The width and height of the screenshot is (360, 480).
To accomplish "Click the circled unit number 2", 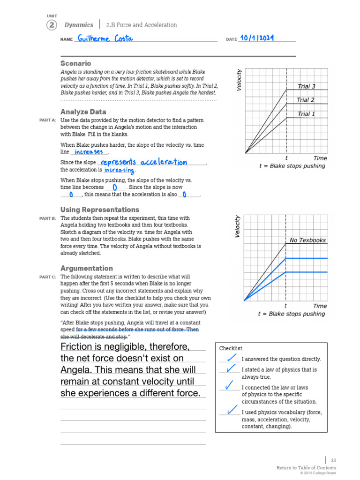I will (x=51, y=25).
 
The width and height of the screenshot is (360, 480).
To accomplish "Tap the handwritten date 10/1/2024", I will (x=257, y=38).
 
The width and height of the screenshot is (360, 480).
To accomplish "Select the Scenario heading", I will (x=75, y=63).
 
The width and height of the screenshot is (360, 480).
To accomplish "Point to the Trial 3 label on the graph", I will (x=307, y=86).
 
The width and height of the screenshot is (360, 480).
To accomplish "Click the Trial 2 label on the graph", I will (x=306, y=100).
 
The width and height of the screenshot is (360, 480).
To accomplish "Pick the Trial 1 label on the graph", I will (x=307, y=114).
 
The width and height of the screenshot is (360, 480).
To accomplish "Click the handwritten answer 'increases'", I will (x=89, y=152).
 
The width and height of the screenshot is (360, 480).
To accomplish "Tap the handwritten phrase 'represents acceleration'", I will (x=144, y=162).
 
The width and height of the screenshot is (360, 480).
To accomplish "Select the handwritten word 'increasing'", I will (x=119, y=170).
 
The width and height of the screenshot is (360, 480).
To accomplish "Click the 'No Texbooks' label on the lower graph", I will (x=307, y=240).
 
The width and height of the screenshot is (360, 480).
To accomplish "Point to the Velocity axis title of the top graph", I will (x=240, y=80).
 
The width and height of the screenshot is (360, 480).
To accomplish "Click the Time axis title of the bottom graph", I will (x=320, y=306).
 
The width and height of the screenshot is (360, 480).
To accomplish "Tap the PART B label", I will (x=47, y=218).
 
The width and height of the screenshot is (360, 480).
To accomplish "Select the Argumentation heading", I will (x=86, y=268).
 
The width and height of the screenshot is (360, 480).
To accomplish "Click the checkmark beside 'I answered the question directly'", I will (x=231, y=358).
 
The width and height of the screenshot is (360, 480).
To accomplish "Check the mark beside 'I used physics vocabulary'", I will (x=231, y=410).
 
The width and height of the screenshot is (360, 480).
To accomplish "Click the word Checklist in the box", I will (x=231, y=348).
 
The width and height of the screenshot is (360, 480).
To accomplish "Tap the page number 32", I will (x=333, y=461).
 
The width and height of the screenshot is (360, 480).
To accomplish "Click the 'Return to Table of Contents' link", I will (x=306, y=468).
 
